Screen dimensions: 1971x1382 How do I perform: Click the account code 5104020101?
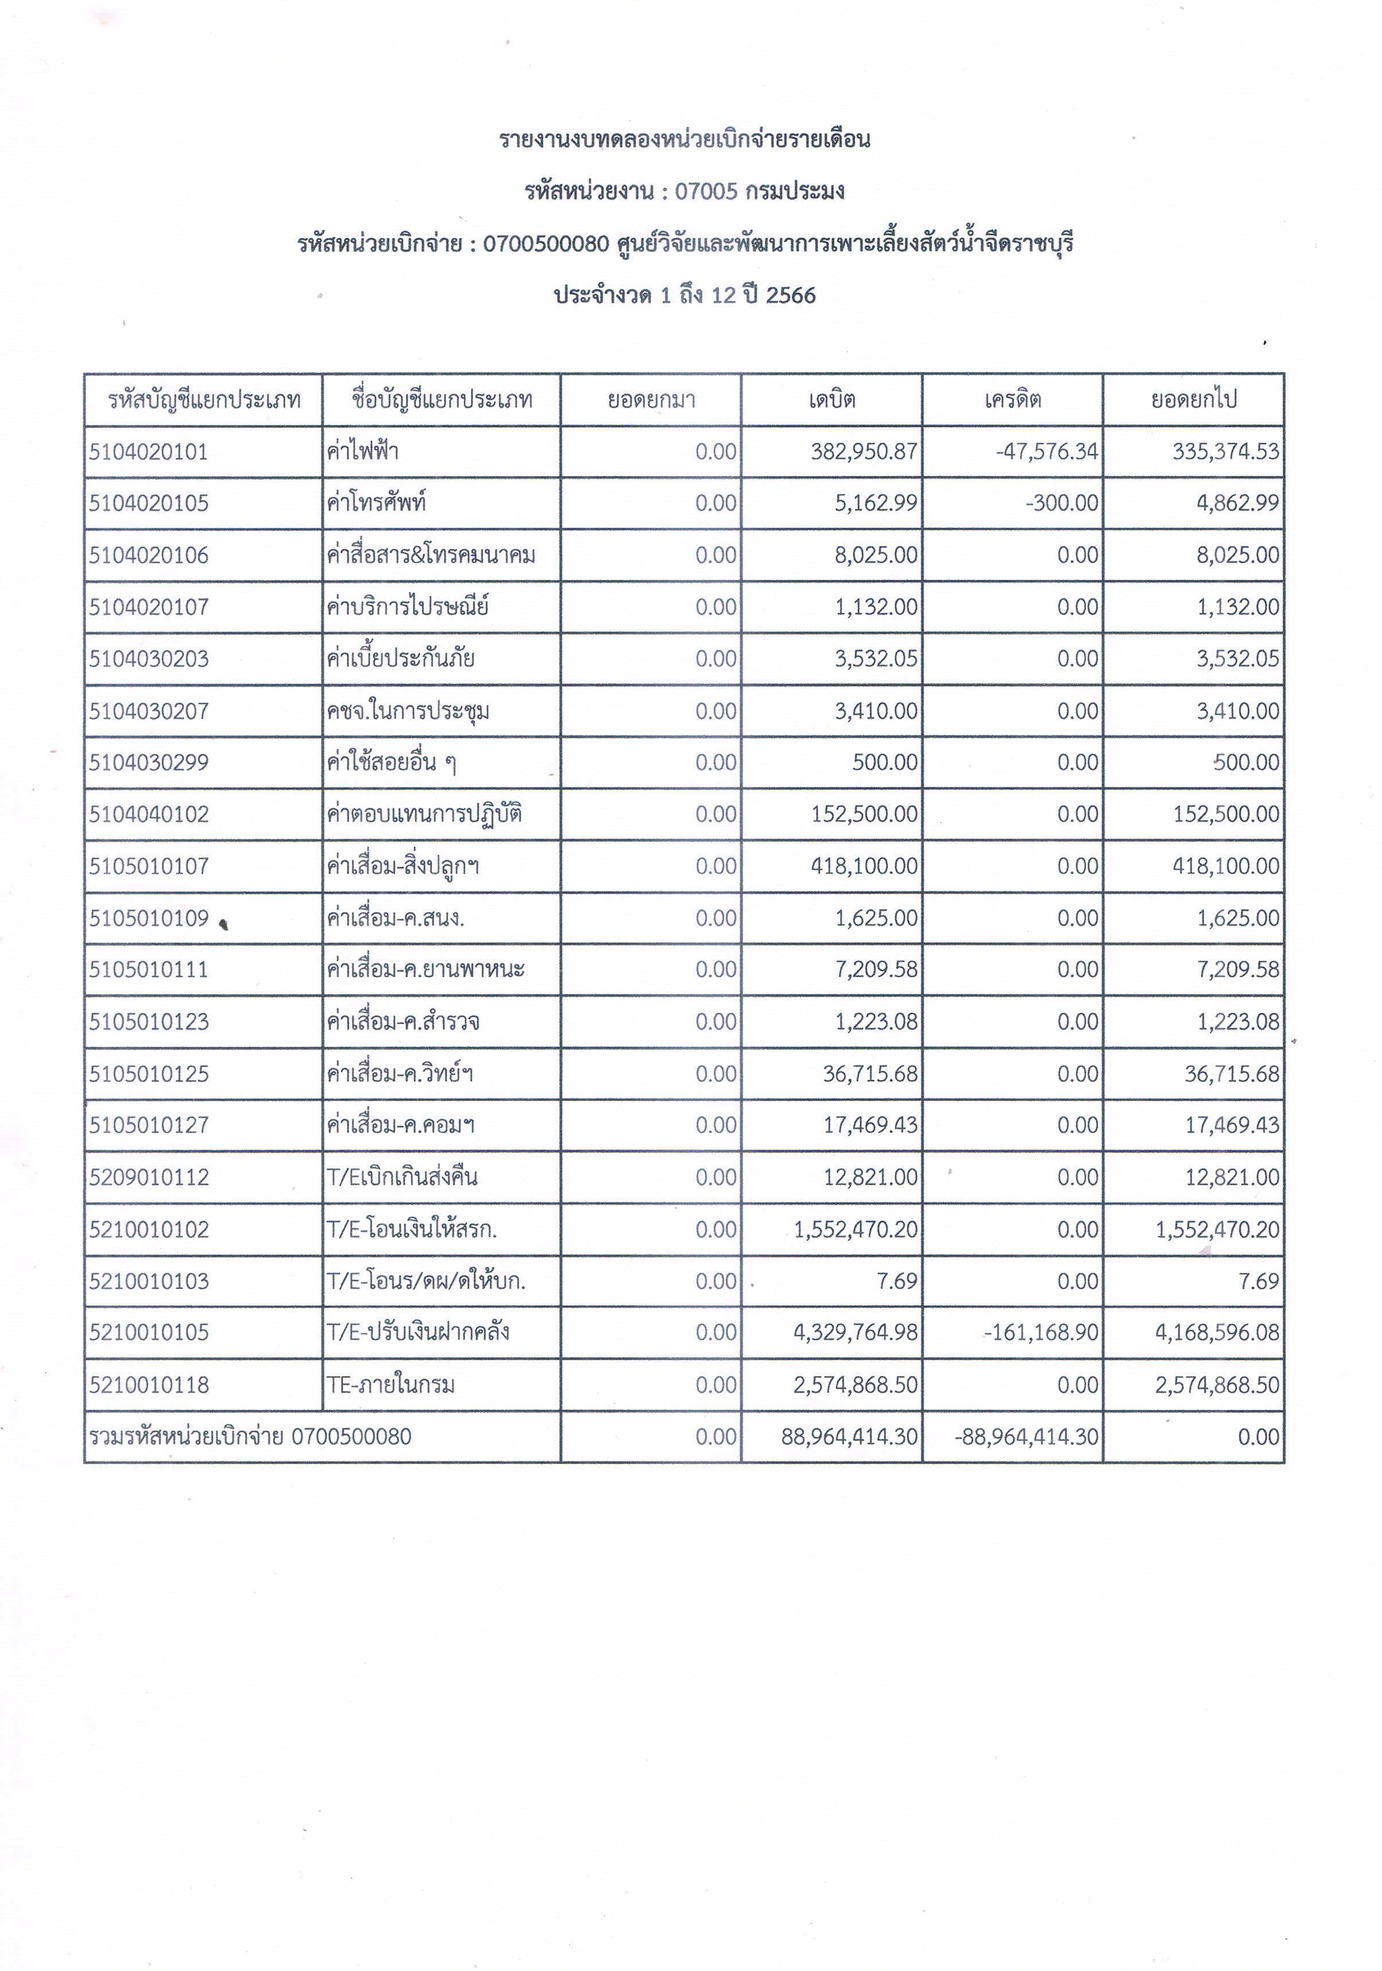pos(149,451)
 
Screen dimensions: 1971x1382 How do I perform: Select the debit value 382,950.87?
pos(863,451)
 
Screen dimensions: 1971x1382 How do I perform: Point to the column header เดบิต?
pos(831,399)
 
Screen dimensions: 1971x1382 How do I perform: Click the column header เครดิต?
pos(1013,399)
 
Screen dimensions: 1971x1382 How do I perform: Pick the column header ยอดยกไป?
pos(1193,399)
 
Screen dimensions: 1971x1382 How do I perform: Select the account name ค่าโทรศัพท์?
pos(376,503)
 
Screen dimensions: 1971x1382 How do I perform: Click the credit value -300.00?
pos(1062,503)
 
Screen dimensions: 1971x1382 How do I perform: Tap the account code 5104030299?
pos(149,762)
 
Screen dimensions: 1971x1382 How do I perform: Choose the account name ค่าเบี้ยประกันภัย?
pos(400,659)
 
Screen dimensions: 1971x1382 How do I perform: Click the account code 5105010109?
pos(149,918)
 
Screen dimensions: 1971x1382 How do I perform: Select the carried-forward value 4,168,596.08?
pos(1217,1333)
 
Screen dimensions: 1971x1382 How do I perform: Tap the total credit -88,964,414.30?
pos(1027,1436)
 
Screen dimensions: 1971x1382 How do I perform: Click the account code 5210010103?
pos(149,1281)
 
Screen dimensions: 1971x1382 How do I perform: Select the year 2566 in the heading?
pos(791,295)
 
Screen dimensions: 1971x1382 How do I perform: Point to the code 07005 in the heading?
pos(706,190)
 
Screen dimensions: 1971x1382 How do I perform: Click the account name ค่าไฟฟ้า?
pos(362,451)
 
